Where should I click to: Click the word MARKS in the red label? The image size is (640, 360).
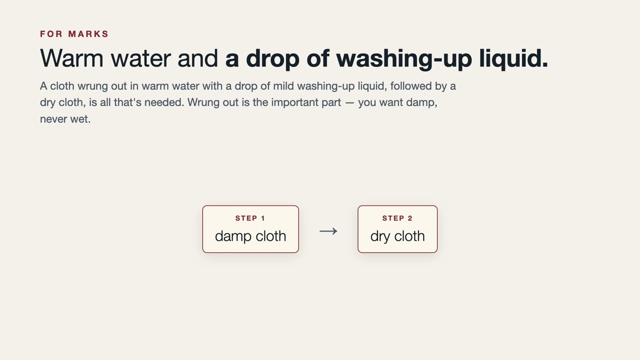click(x=88, y=34)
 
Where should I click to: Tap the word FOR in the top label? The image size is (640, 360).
click(x=51, y=34)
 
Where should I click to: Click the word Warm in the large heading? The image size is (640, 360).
click(x=71, y=58)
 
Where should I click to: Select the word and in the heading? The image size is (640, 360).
click(x=197, y=58)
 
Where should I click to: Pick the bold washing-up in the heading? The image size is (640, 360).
click(x=404, y=58)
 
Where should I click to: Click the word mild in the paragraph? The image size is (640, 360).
click(x=283, y=86)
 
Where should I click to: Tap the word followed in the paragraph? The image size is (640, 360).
click(x=411, y=86)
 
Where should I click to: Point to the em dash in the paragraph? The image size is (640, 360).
click(x=349, y=103)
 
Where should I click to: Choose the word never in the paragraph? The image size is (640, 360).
click(x=53, y=119)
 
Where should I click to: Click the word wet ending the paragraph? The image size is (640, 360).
click(x=80, y=119)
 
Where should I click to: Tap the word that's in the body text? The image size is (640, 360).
click(x=127, y=102)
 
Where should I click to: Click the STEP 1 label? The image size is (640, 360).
click(x=250, y=218)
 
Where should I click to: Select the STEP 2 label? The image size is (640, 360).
click(x=397, y=218)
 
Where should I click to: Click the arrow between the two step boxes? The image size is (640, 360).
click(x=328, y=231)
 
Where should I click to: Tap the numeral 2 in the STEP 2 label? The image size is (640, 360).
click(x=410, y=218)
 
